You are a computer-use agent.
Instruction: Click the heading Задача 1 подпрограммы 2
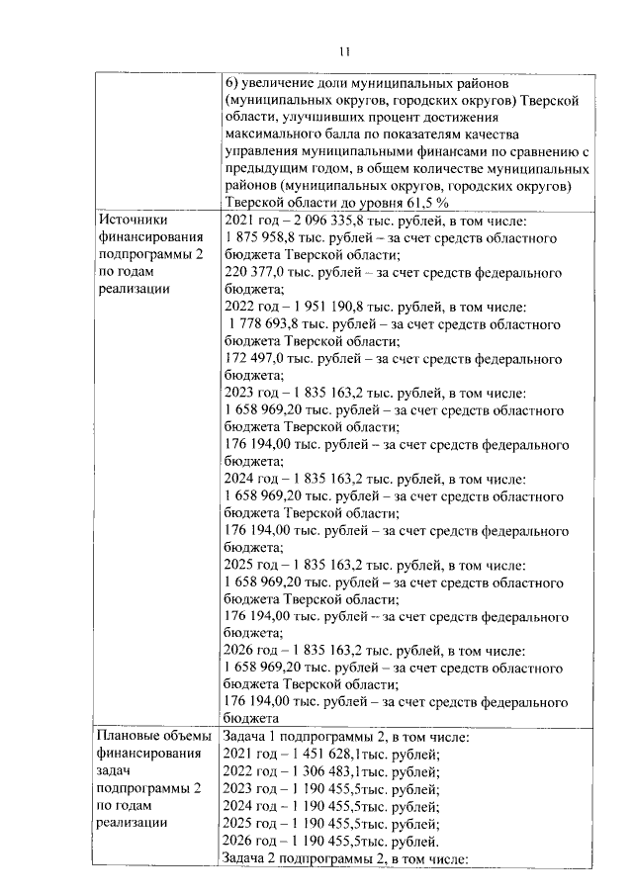click(313, 736)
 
